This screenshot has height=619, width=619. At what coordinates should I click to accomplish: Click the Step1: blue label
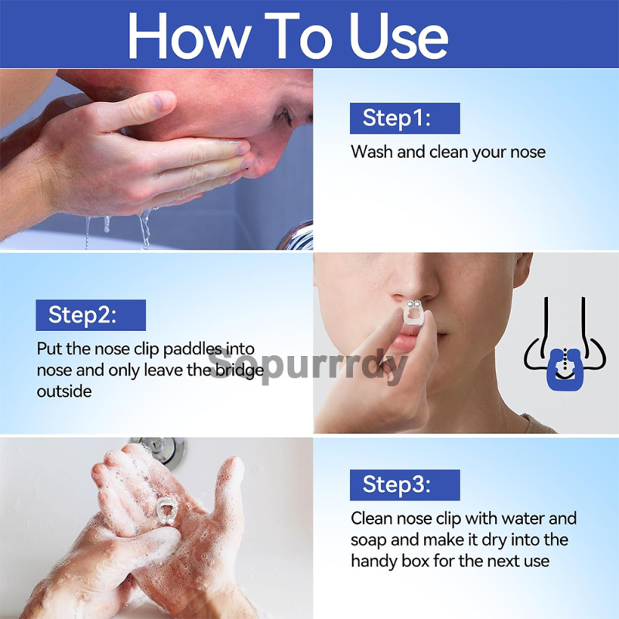click(404, 118)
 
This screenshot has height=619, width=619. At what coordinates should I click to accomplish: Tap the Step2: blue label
click(90, 315)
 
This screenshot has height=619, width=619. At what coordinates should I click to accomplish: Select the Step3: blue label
click(404, 485)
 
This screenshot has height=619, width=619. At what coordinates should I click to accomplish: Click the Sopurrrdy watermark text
click(309, 365)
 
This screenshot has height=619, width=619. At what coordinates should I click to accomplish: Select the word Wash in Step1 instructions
click(372, 152)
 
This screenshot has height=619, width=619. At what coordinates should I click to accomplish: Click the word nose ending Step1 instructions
click(527, 152)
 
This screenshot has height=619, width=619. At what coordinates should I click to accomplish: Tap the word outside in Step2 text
click(64, 391)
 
